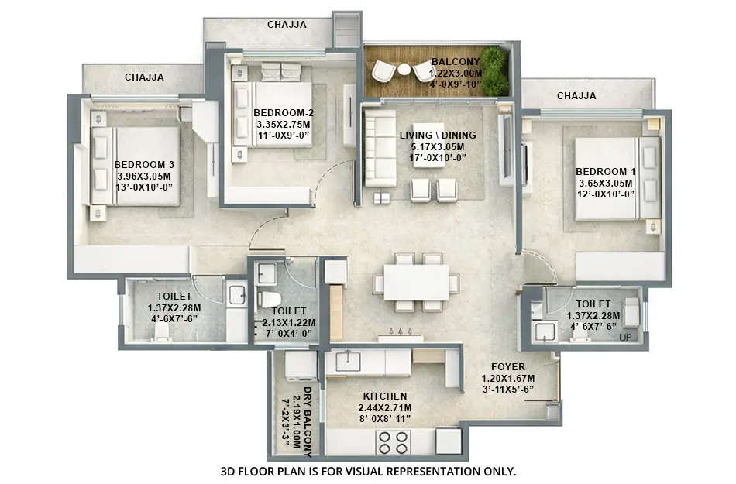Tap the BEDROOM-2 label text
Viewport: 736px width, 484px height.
(283, 112)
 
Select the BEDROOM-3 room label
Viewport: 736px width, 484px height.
(144, 164)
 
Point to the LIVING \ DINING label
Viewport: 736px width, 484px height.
(438, 136)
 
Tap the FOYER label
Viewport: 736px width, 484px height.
(508, 367)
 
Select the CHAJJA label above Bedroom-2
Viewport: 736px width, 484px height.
(287, 24)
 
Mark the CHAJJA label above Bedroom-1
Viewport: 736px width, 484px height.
(576, 96)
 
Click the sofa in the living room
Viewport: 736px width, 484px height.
(380, 147)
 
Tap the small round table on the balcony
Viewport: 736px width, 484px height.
(404, 70)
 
